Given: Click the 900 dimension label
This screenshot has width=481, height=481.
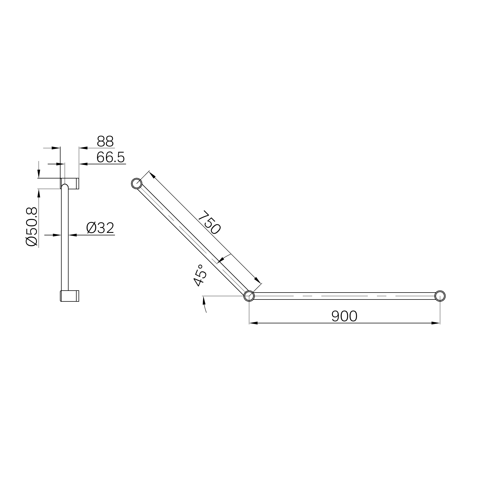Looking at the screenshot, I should (344, 316).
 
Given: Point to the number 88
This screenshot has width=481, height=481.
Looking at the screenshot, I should (105, 142).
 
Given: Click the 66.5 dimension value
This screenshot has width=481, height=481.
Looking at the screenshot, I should (111, 158).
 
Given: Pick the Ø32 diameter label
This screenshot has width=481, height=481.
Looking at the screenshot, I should (100, 228).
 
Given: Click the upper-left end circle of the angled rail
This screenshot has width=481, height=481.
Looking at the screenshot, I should (137, 183).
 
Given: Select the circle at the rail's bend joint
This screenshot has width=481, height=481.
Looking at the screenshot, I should (249, 296).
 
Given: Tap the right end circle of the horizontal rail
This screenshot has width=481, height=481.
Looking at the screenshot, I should (440, 296).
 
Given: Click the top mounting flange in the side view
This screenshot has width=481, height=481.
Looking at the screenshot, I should (70, 183).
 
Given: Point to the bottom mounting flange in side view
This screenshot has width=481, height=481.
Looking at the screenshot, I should (70, 296).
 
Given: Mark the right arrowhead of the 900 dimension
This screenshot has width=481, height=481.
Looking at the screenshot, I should (436, 323).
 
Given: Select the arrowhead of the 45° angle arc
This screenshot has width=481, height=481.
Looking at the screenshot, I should (203, 299).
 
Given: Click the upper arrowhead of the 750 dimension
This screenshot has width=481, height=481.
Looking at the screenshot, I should (152, 175).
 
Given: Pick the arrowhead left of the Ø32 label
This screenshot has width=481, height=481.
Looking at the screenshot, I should (73, 235).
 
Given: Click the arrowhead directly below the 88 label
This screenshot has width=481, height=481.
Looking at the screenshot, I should (83, 148).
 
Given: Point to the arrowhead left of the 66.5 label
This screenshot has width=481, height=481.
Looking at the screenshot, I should (83, 164).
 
